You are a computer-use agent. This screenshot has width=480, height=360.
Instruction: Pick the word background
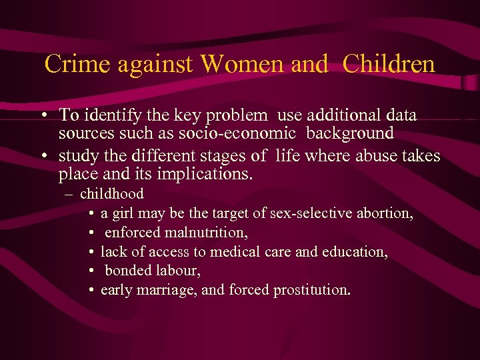(350, 133)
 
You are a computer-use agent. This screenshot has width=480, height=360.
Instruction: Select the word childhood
(111, 195)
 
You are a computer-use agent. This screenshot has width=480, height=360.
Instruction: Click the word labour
(179, 271)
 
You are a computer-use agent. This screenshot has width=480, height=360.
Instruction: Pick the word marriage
(165, 291)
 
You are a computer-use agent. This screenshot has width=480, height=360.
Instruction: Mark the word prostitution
(312, 291)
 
